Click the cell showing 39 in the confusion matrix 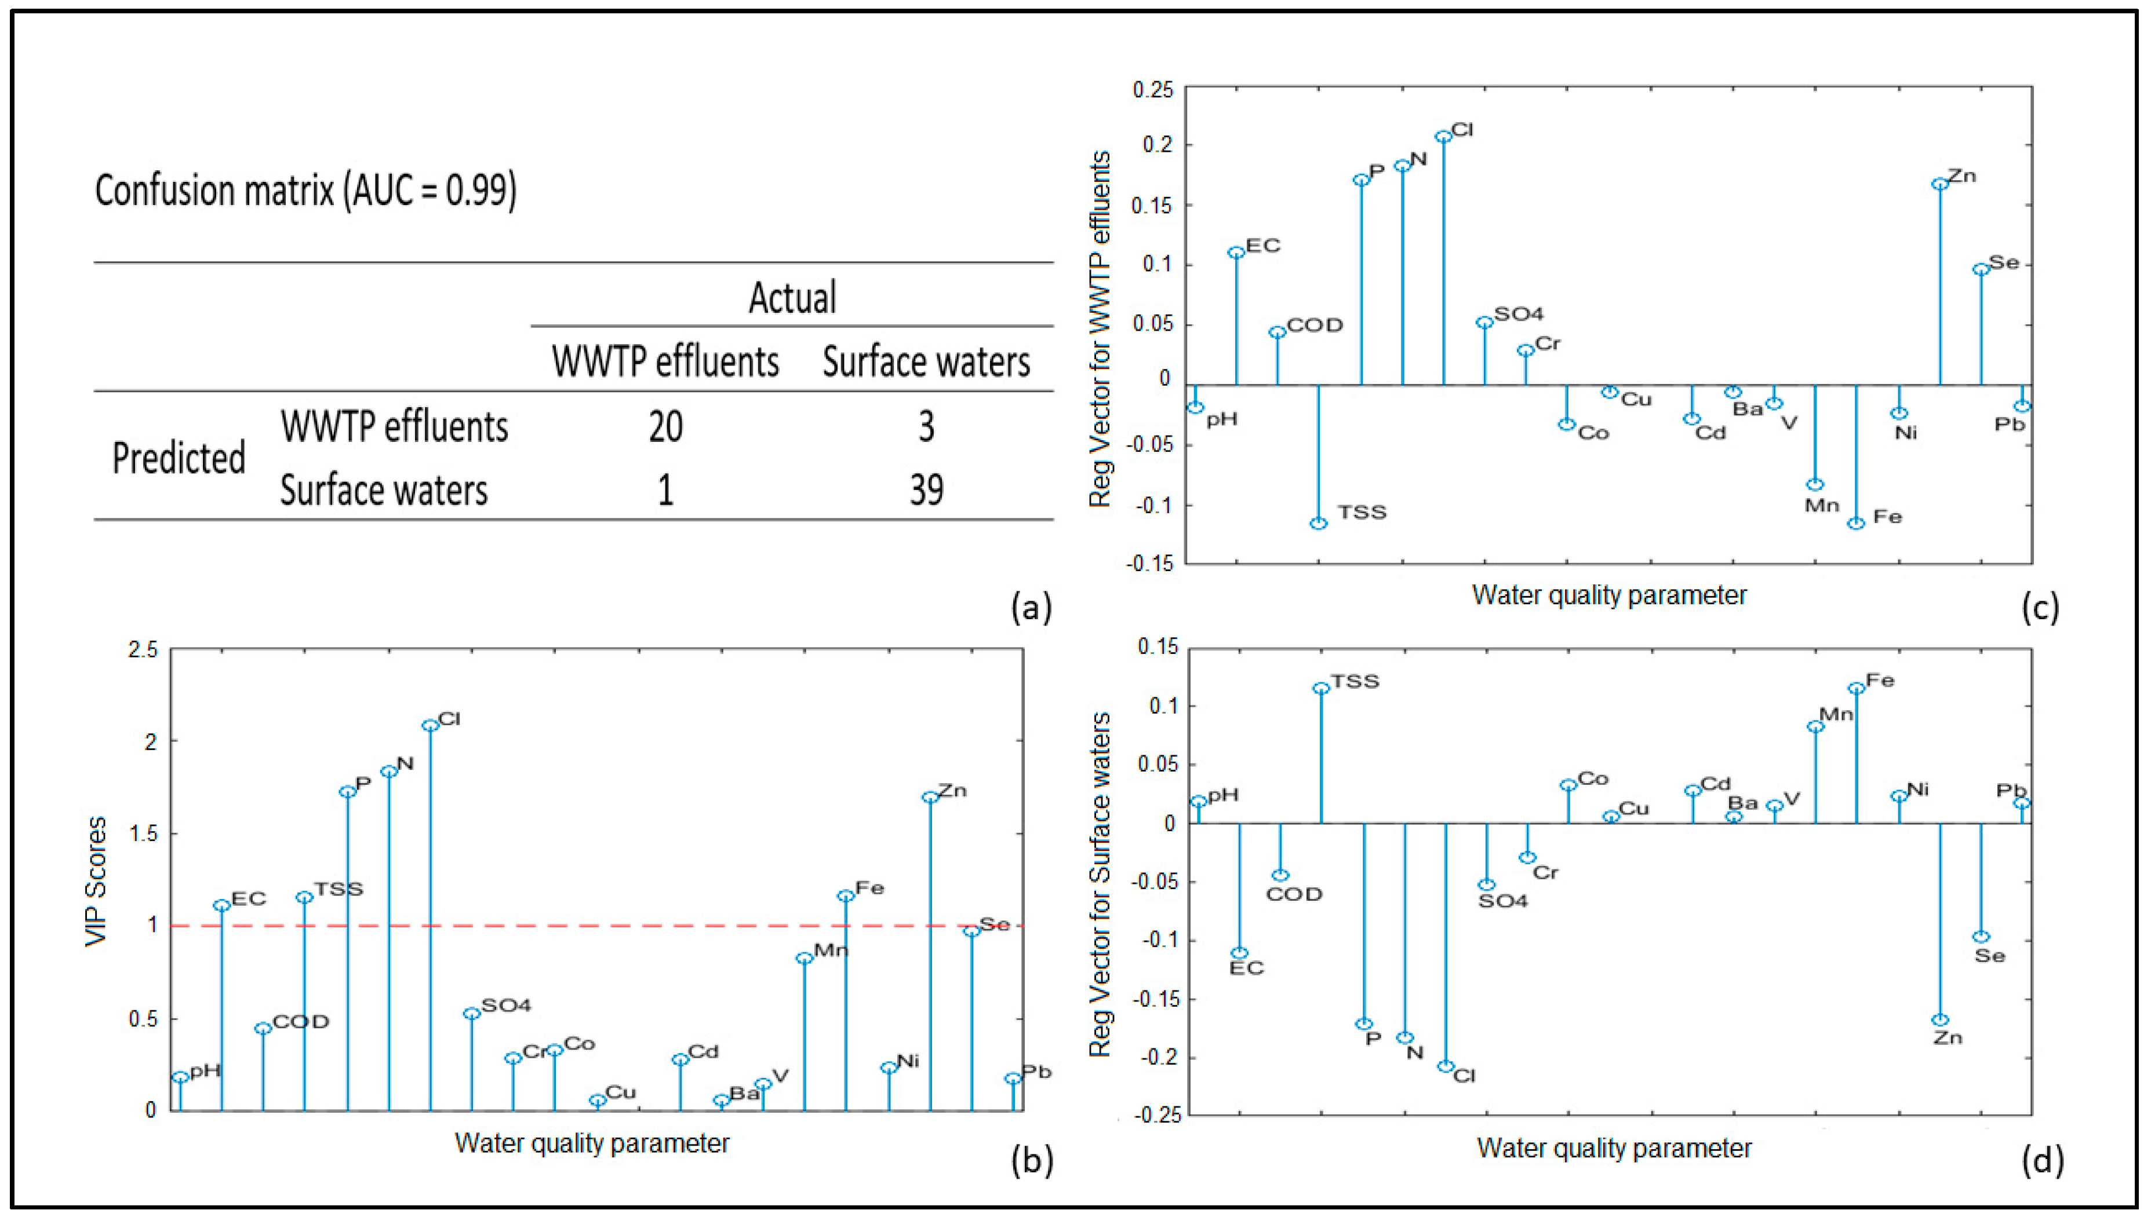pyautogui.click(x=926, y=490)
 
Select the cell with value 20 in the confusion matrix pyautogui.click(x=665, y=427)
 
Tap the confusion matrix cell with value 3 pyautogui.click(x=926, y=427)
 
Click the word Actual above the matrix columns pyautogui.click(x=792, y=298)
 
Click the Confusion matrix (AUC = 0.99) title pyautogui.click(x=305, y=191)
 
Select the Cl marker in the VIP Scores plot pyautogui.click(x=430, y=725)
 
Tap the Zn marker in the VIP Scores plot pyautogui.click(x=930, y=798)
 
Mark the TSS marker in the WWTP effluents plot pyautogui.click(x=1319, y=523)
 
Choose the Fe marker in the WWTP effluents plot pyautogui.click(x=1857, y=523)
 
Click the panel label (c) pyautogui.click(x=2040, y=607)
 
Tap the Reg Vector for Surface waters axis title pyautogui.click(x=1100, y=884)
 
